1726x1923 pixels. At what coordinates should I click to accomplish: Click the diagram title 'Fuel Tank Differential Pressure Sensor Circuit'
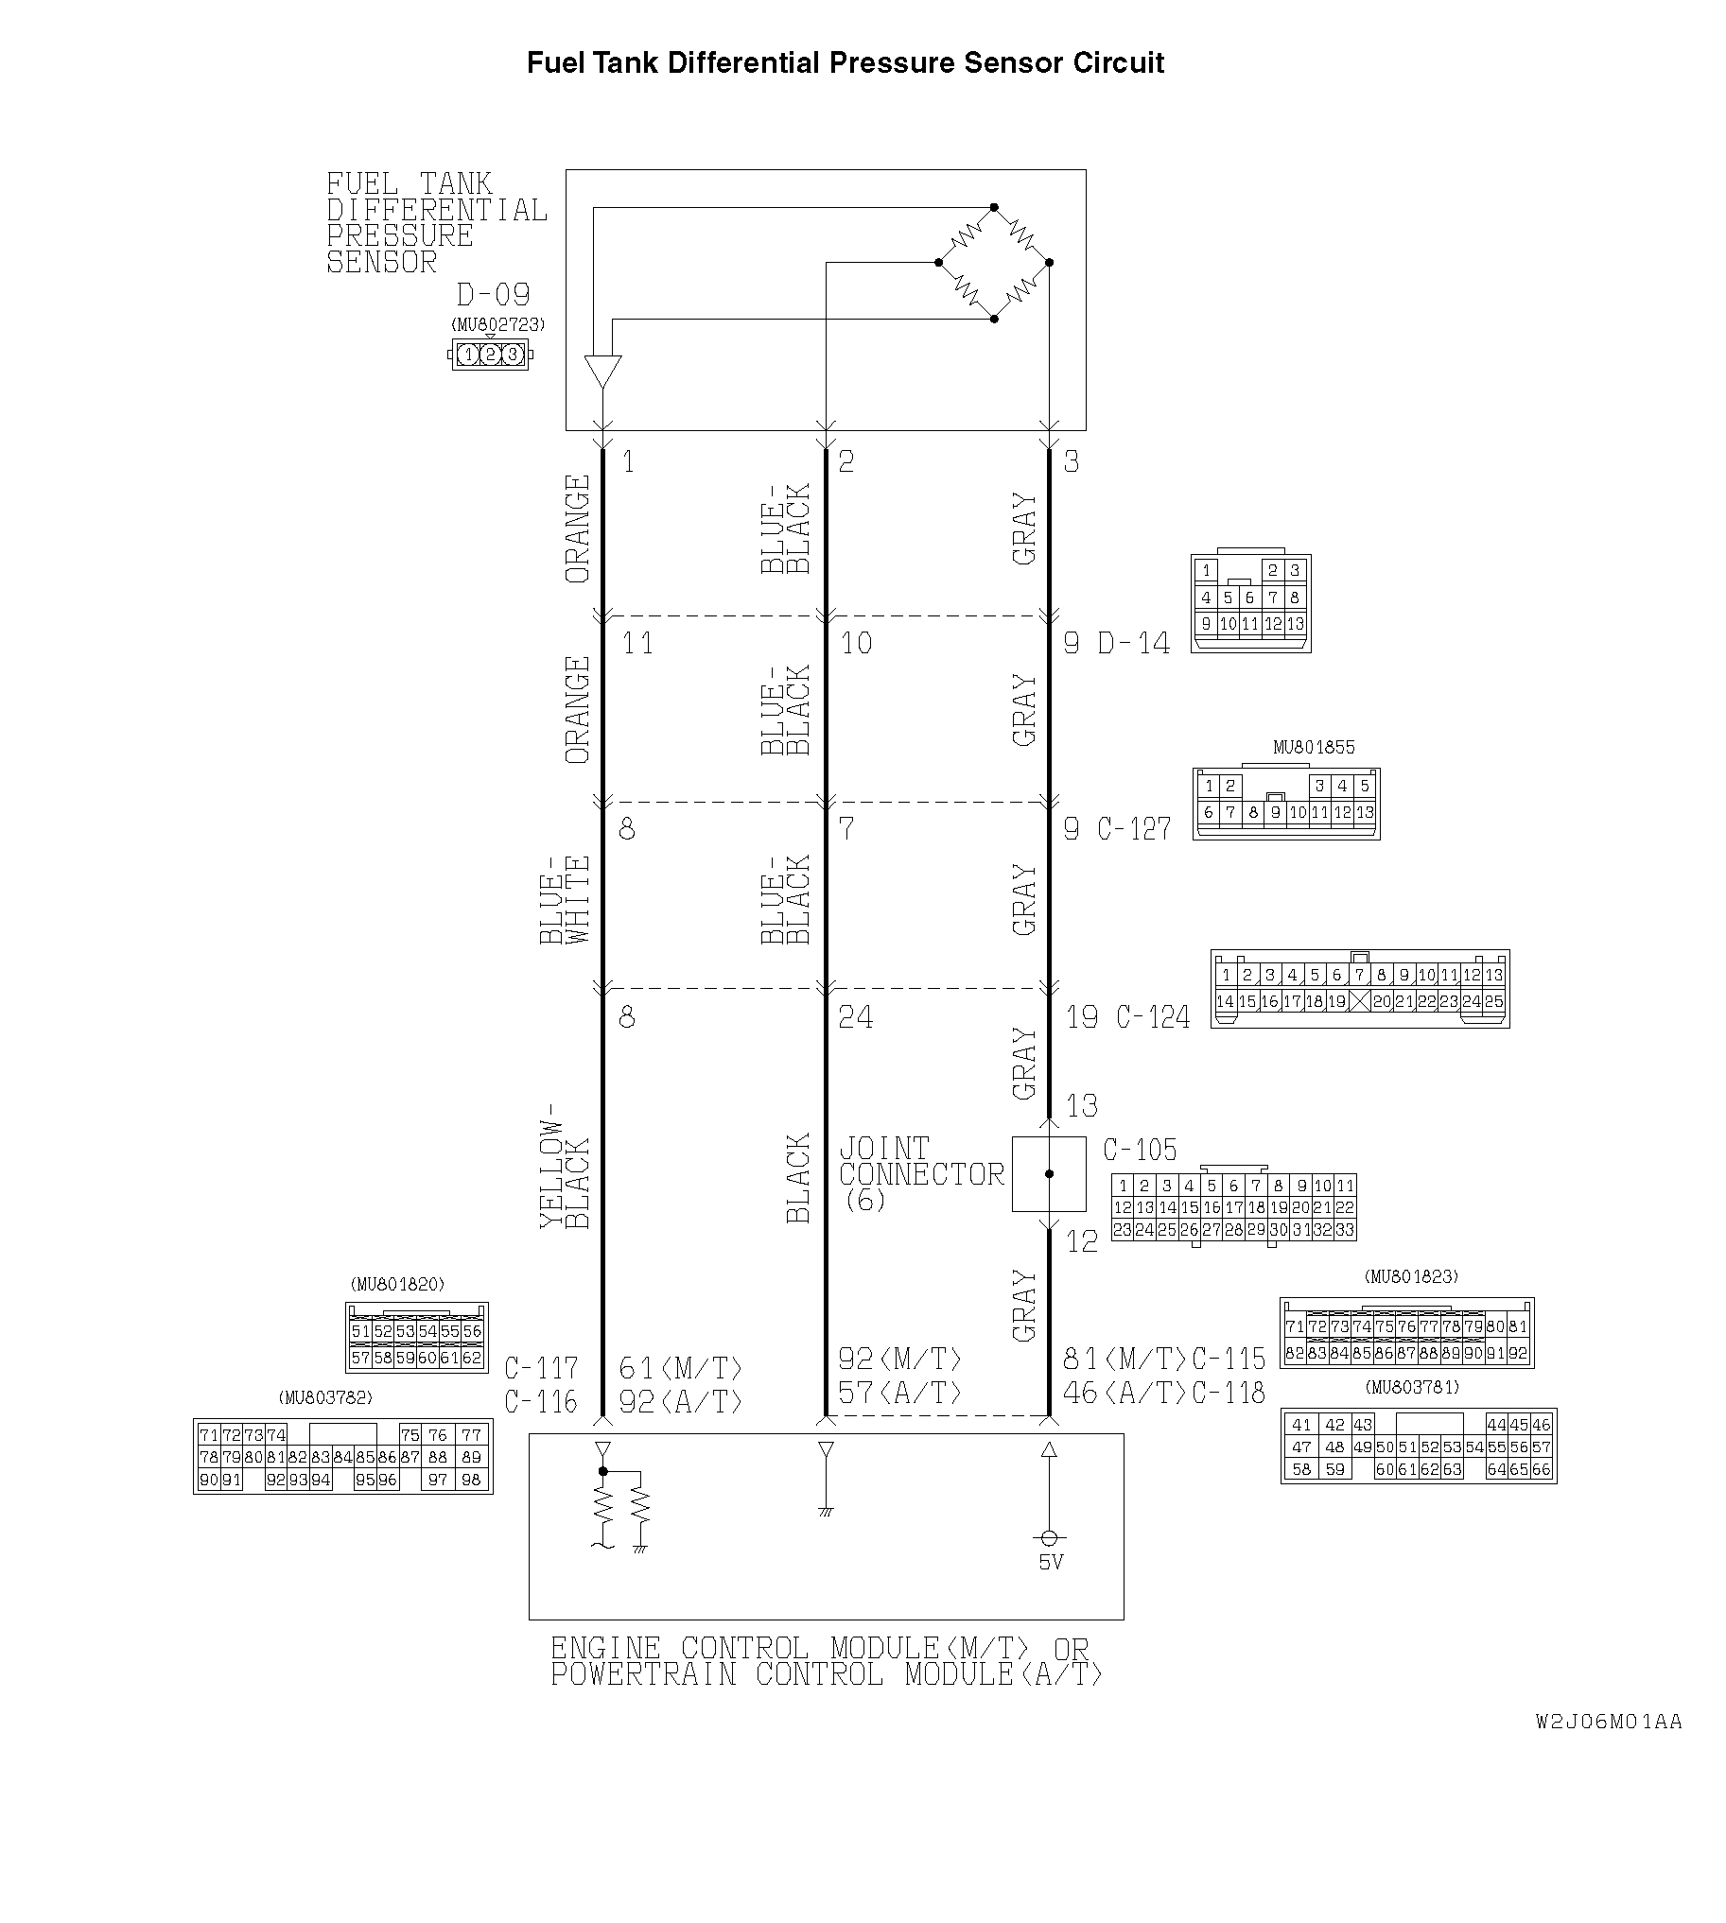click(845, 62)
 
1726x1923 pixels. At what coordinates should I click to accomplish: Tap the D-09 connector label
click(493, 294)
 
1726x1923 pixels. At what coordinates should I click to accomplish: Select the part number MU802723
click(497, 324)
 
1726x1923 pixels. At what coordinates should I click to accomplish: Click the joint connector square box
click(1049, 1174)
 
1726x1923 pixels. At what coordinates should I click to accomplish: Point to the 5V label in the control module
click(1051, 1562)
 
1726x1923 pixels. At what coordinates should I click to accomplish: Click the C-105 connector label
click(1140, 1151)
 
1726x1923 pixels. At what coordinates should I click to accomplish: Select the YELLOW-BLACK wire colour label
click(566, 1167)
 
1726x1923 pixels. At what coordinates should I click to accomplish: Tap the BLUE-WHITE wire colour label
click(566, 900)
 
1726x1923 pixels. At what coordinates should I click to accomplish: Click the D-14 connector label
click(1133, 643)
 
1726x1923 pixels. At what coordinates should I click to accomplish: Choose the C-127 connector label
click(1134, 829)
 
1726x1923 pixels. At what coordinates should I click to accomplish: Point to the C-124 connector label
click(1153, 1016)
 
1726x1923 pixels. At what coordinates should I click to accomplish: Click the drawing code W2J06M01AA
click(1610, 1721)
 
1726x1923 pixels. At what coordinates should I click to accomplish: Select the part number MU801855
click(1314, 747)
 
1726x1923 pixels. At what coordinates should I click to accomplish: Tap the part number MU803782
click(325, 1397)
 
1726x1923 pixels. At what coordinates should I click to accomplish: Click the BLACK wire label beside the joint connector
click(798, 1179)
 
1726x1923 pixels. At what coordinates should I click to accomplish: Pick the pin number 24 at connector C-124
click(855, 1016)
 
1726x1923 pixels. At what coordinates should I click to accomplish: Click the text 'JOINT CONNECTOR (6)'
click(921, 1174)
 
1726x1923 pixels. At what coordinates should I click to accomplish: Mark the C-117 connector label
click(541, 1368)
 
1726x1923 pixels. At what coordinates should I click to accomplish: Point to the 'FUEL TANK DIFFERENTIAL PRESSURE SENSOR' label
click(437, 223)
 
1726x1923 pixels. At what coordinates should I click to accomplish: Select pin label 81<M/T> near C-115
click(1125, 1359)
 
